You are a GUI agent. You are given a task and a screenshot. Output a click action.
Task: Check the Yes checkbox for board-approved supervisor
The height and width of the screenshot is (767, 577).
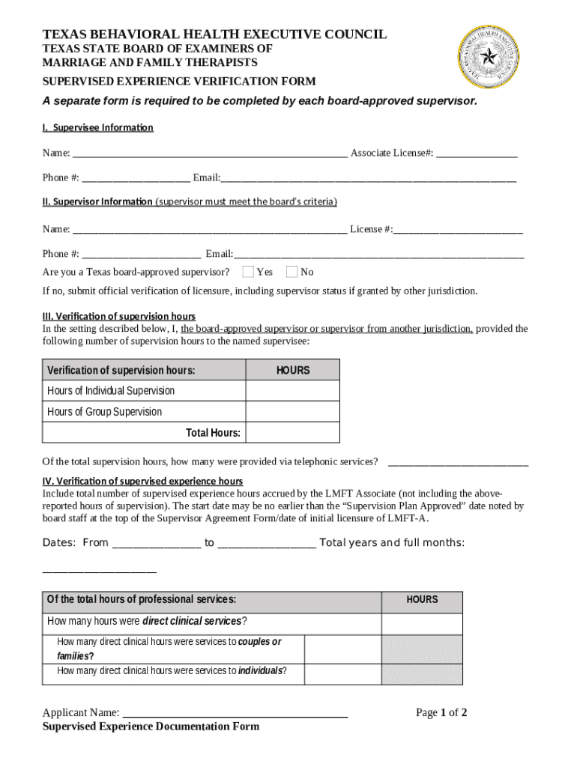(248, 271)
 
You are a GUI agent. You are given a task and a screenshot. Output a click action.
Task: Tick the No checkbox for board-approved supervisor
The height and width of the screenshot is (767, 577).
(292, 271)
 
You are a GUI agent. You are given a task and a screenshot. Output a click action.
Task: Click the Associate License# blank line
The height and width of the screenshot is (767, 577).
(477, 154)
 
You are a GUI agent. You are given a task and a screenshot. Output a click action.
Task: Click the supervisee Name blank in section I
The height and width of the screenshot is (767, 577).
(210, 154)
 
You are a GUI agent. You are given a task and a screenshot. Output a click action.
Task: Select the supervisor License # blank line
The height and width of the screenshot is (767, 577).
(458, 229)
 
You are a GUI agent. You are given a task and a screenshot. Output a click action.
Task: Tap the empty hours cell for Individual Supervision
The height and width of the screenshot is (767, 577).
(292, 391)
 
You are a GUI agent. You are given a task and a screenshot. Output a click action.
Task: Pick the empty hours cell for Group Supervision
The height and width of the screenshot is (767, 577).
(292, 412)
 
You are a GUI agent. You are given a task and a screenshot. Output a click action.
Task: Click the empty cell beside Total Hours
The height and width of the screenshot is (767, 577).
(292, 433)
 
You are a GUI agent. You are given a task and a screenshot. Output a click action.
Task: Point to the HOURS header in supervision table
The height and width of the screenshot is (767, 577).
(292, 370)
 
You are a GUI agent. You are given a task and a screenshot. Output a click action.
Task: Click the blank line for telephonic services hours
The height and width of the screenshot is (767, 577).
(458, 461)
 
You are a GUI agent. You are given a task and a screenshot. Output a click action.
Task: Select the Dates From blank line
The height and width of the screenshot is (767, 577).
(156, 544)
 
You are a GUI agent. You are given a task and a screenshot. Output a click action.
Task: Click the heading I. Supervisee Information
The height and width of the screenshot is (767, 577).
(97, 127)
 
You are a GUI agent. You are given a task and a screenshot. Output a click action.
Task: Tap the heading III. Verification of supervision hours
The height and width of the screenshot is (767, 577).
(118, 316)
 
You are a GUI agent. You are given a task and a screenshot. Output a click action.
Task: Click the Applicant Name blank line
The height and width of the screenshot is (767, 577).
(235, 713)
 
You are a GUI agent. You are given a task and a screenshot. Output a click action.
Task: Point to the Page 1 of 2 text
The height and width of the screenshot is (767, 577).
(441, 712)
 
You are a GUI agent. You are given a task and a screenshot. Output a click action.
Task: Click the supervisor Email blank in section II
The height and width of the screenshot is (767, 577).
(378, 254)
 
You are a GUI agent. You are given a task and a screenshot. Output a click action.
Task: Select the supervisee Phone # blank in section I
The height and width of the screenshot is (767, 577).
(136, 178)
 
